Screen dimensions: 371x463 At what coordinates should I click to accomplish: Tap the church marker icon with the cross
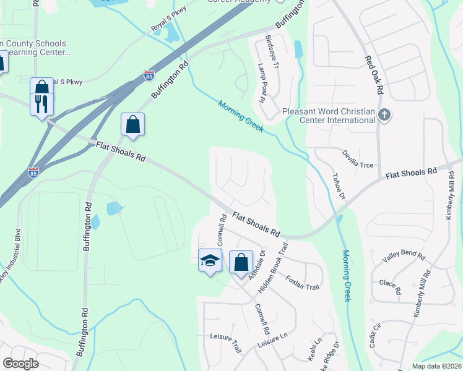(x=384, y=114)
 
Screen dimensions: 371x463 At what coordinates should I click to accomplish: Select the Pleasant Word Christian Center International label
(x=328, y=116)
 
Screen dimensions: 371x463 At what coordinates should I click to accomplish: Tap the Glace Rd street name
(x=391, y=286)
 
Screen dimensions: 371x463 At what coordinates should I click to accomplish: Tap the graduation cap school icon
(x=210, y=261)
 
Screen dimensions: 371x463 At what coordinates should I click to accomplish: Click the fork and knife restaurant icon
(x=41, y=103)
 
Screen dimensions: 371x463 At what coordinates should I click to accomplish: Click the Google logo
(x=20, y=364)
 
